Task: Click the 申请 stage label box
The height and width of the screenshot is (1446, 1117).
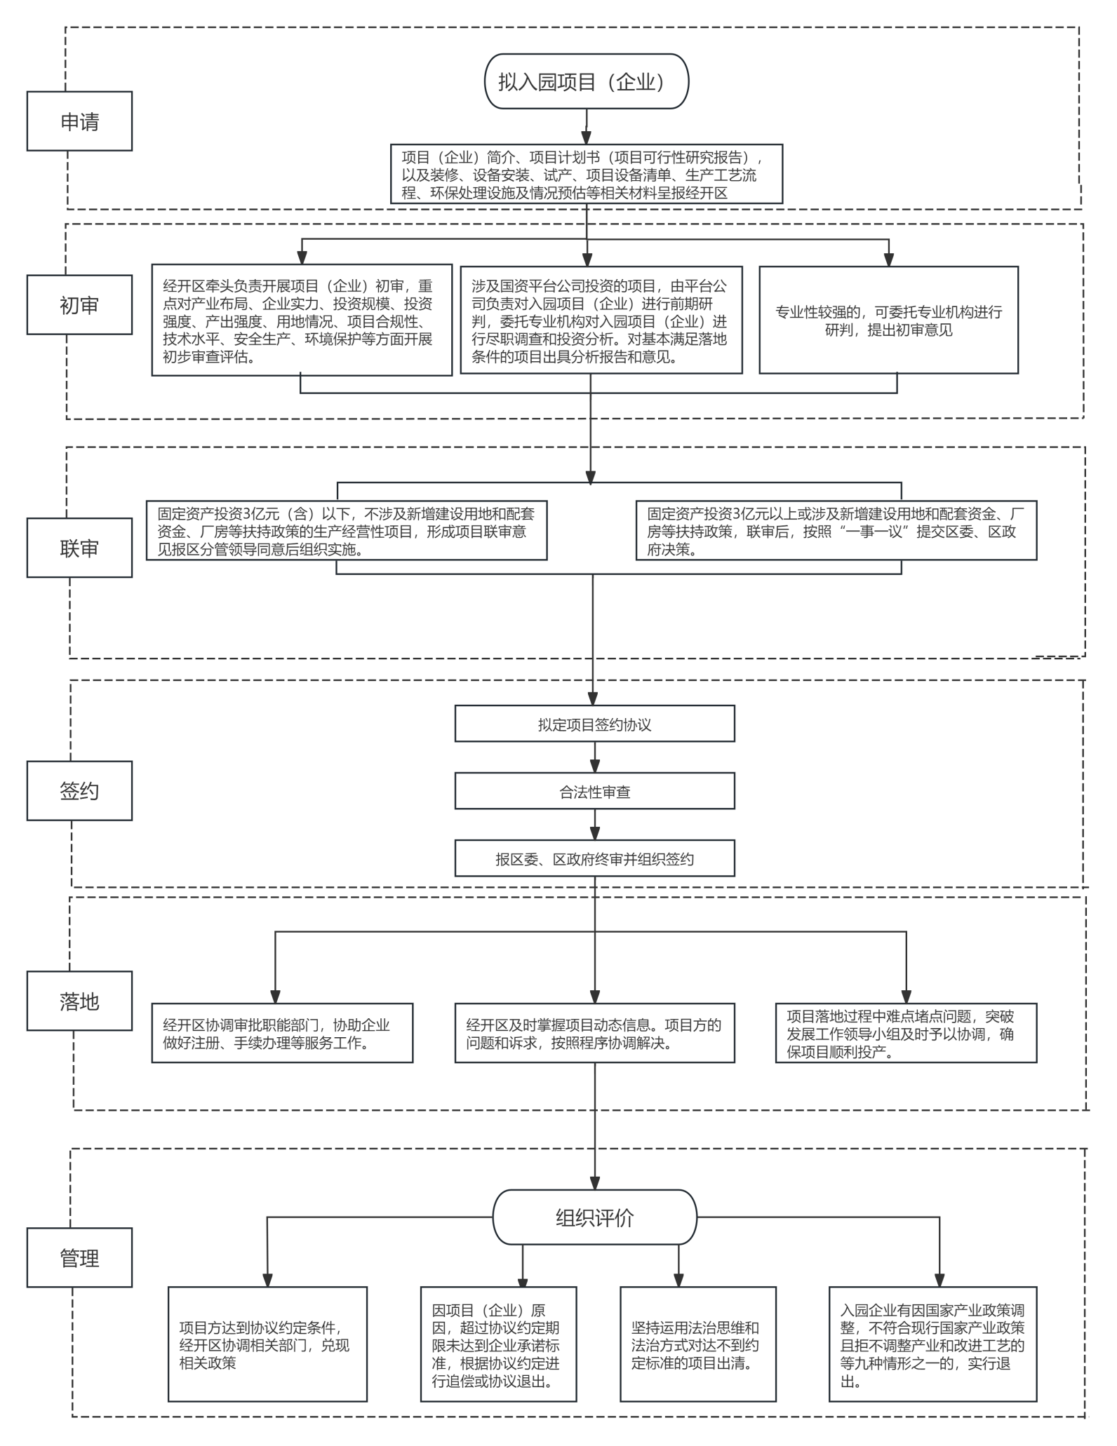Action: pyautogui.click(x=79, y=121)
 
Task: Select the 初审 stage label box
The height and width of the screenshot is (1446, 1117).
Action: pyautogui.click(x=79, y=304)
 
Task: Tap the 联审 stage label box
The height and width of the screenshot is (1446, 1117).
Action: pyautogui.click(x=79, y=548)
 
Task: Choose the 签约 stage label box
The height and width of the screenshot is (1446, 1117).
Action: pyautogui.click(x=79, y=790)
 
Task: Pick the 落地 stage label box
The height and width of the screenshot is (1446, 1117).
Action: pyautogui.click(x=79, y=1001)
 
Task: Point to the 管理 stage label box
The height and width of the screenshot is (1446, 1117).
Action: pyautogui.click(x=79, y=1257)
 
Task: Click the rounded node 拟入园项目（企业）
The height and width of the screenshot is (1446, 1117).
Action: pyautogui.click(x=587, y=81)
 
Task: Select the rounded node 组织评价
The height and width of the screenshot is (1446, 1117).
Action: pyautogui.click(x=595, y=1217)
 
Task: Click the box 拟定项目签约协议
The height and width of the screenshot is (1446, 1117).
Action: pyautogui.click(x=595, y=724)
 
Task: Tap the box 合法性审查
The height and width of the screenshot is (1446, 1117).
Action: pyautogui.click(x=595, y=791)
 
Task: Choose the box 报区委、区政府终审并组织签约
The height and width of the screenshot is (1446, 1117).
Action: pyautogui.click(x=595, y=858)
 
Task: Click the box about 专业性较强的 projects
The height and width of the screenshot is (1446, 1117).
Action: pyautogui.click(x=889, y=320)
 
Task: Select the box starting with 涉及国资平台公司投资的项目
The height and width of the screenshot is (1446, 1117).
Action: pyautogui.click(x=601, y=320)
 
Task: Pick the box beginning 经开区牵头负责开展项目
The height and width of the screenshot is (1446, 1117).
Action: pyautogui.click(x=302, y=320)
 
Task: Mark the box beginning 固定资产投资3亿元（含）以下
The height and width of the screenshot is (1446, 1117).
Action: pyautogui.click(x=347, y=530)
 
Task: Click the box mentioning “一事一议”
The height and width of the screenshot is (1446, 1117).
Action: pyautogui.click(x=836, y=530)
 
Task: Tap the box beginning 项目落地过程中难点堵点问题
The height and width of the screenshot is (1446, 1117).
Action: pyautogui.click(x=907, y=1033)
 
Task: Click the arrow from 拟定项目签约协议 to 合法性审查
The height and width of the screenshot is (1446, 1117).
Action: pyautogui.click(x=595, y=757)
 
